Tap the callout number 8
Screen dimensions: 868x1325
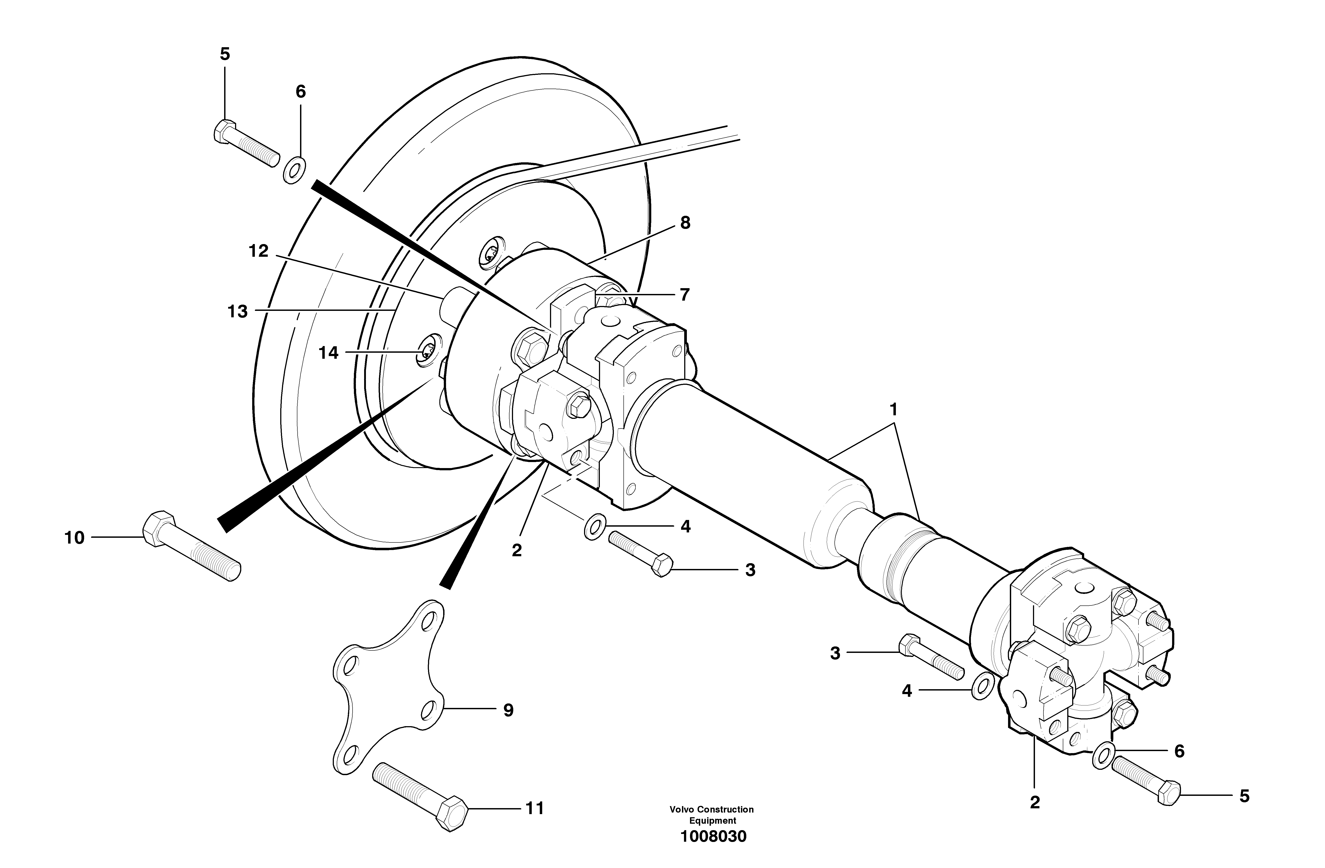[685, 223]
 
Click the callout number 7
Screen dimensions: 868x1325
[684, 294]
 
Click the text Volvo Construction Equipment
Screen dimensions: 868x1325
[712, 815]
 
